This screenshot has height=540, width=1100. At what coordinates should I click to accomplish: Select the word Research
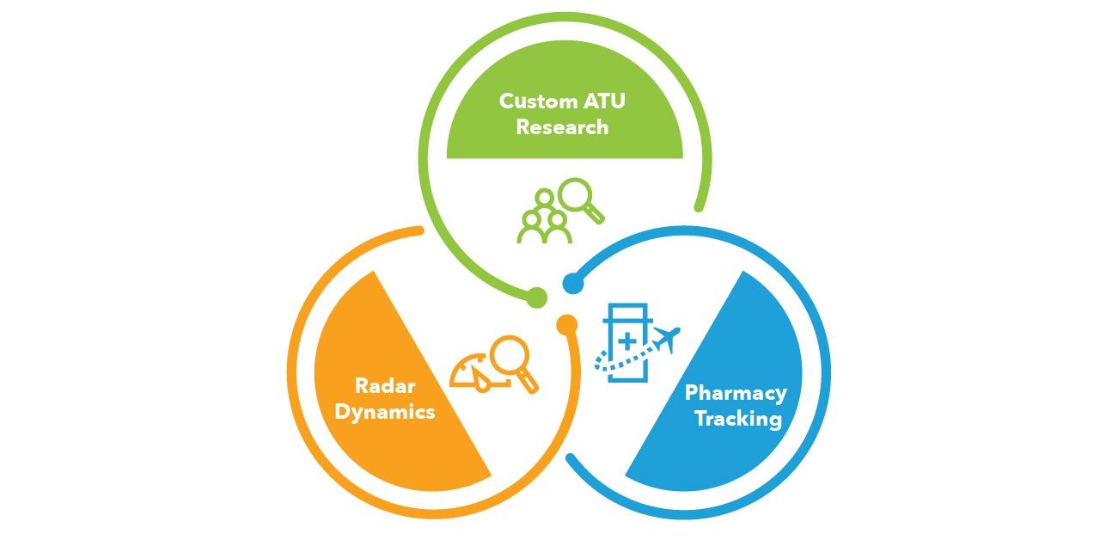(x=562, y=127)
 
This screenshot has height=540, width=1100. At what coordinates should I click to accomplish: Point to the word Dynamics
(x=385, y=411)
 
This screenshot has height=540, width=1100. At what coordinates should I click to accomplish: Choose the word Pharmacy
(x=736, y=394)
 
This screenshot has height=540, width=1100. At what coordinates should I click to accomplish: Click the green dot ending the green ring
(x=536, y=298)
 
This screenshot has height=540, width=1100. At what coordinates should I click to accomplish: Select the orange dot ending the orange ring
(x=566, y=324)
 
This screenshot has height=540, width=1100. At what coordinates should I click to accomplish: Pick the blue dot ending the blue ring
(x=571, y=282)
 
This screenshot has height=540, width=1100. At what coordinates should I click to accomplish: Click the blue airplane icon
(x=666, y=339)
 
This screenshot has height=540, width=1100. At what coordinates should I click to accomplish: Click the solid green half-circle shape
(x=565, y=138)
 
